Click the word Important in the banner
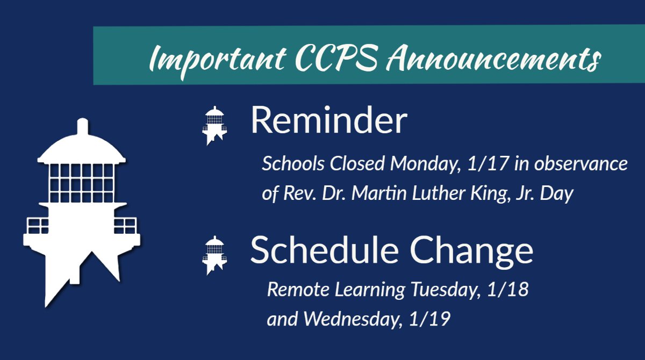[202, 59]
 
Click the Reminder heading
[328, 121]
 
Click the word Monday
[425, 164]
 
